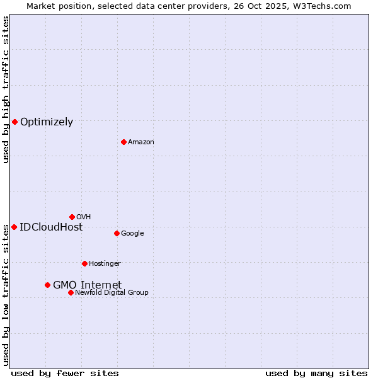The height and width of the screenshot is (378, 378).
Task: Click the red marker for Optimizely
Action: point(14,122)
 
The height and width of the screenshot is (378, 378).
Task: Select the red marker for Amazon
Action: point(123,142)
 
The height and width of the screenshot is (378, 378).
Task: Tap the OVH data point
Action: point(72,217)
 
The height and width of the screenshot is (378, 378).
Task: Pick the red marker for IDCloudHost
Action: point(14,227)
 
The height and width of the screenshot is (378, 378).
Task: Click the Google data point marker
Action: point(117,233)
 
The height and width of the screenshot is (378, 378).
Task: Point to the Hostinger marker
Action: point(84,263)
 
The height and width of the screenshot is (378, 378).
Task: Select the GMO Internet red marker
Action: point(47,285)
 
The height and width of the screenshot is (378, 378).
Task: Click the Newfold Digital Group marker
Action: point(71,292)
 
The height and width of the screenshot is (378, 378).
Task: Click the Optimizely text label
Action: point(47,122)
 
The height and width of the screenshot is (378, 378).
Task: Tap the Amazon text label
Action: point(140,142)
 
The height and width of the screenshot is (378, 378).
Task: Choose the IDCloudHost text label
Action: point(51,227)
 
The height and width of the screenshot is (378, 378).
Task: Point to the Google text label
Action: point(132,233)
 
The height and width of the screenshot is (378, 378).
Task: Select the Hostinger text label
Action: point(105,263)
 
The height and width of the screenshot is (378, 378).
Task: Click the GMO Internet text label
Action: point(87,285)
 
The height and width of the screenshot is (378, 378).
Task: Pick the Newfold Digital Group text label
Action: point(112,292)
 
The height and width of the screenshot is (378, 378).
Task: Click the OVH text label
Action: point(83,217)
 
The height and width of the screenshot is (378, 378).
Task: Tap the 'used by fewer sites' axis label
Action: point(65,373)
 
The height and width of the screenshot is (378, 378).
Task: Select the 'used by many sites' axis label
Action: point(316,373)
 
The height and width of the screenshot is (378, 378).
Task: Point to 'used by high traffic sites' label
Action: point(6,89)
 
